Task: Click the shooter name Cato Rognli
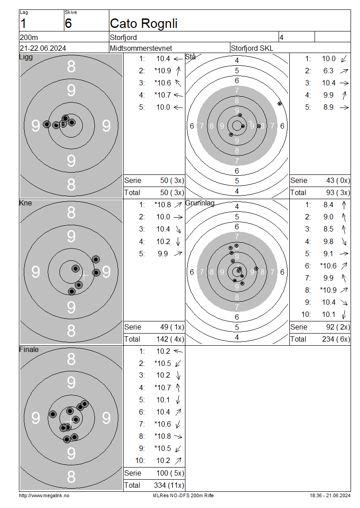[x=144, y=24]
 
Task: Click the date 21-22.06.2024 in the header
[x=43, y=48]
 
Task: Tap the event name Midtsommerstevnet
[x=141, y=48]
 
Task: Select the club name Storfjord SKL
[x=252, y=48]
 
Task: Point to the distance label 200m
[x=29, y=37]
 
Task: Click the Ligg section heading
[x=26, y=57]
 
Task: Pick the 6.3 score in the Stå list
[x=328, y=71]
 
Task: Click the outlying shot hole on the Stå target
[x=279, y=104]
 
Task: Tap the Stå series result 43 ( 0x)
[x=338, y=180]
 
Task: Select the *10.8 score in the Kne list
[x=162, y=205]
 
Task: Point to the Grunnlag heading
[x=200, y=203]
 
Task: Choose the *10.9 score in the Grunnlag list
[x=328, y=290]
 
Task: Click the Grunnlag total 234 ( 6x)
[x=336, y=339]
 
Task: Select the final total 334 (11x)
[x=169, y=486]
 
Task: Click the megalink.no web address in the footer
[x=44, y=495]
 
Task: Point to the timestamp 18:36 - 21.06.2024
[x=330, y=495]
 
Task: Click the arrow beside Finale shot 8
[x=178, y=437]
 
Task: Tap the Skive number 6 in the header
[x=68, y=24]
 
